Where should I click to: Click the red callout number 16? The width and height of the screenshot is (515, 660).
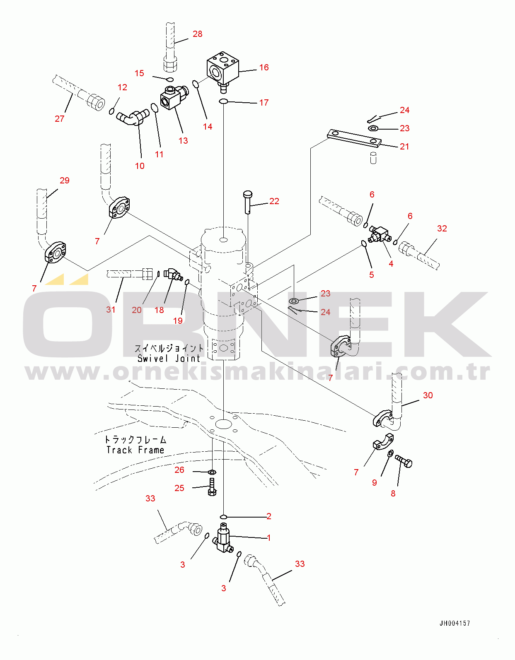(264, 67)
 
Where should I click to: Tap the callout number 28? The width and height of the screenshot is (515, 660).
(198, 34)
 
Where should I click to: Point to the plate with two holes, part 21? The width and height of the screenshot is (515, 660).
(354, 139)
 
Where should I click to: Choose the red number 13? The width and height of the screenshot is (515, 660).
(183, 141)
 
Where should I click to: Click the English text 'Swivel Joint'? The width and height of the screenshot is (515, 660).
(169, 359)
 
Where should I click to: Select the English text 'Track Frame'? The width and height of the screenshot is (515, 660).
(135, 450)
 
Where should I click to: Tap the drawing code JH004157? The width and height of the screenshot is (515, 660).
(455, 624)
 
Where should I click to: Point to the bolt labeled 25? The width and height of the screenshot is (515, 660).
(212, 487)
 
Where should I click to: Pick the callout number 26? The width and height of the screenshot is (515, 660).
(179, 470)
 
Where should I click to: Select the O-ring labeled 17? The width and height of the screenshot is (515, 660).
(223, 101)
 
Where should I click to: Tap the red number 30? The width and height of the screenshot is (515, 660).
(428, 395)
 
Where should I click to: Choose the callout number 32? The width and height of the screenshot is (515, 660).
(442, 229)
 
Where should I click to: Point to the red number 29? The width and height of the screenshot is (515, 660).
(64, 181)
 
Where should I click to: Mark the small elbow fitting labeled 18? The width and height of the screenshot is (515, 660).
(173, 274)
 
